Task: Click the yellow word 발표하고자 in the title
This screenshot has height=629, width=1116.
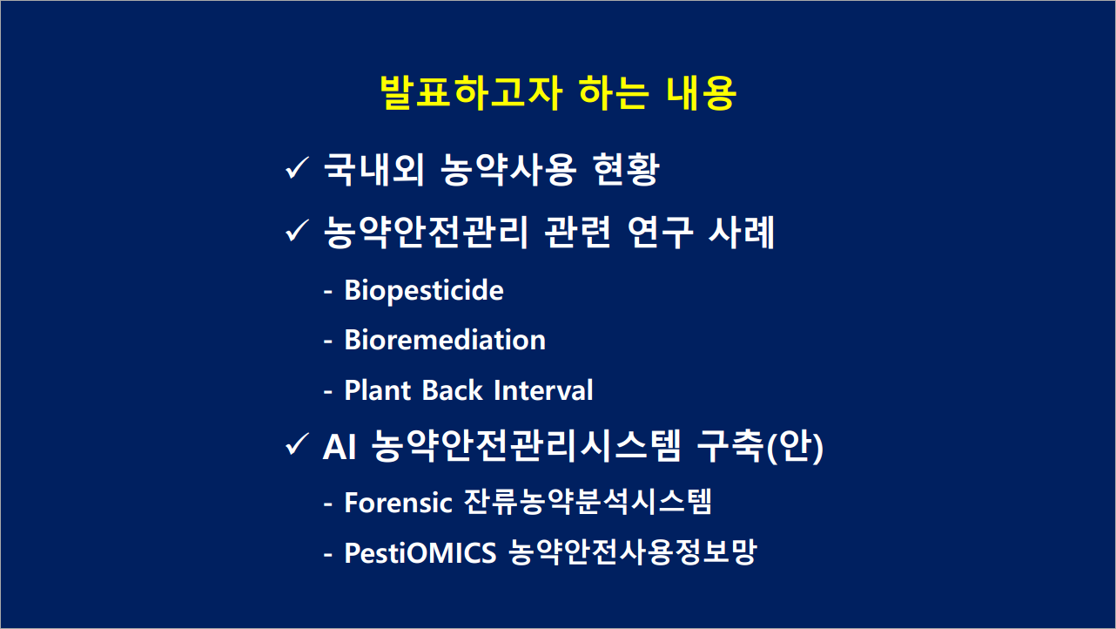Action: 471,92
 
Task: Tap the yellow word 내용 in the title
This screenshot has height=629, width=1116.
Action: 701,92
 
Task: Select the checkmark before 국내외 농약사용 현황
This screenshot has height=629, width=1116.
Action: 297,167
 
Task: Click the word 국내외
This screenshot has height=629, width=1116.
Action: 374,170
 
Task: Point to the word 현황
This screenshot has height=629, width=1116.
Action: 627,170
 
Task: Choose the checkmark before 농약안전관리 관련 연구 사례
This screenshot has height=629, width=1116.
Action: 297,230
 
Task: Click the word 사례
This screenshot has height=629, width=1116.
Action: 742,233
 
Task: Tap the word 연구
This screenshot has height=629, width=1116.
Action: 660,233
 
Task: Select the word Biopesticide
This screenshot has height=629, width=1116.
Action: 424,291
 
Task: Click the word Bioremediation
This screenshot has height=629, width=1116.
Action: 445,340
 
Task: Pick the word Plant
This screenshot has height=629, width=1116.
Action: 378,389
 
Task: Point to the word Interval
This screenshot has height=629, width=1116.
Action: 543,389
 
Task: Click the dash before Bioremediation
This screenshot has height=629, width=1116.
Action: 328,342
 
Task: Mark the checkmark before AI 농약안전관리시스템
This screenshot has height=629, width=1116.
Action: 297,443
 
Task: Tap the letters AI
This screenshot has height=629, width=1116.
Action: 340,446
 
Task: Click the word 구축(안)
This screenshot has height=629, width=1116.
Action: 760,446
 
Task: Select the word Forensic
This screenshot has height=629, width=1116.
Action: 399,503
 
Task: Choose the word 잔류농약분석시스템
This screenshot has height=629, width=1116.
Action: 588,502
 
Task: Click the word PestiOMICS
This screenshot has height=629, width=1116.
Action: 420,553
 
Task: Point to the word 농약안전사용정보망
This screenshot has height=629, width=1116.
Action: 633,552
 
